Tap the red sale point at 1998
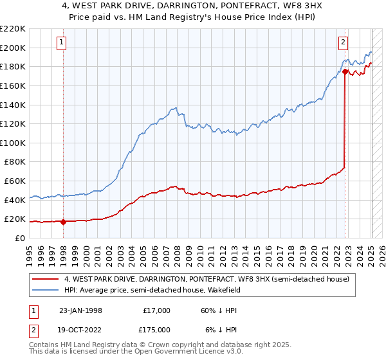click(64, 222)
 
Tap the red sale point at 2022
click(345, 71)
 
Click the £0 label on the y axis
click(19, 238)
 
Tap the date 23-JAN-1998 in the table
click(79, 310)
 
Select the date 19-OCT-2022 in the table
click(79, 330)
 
